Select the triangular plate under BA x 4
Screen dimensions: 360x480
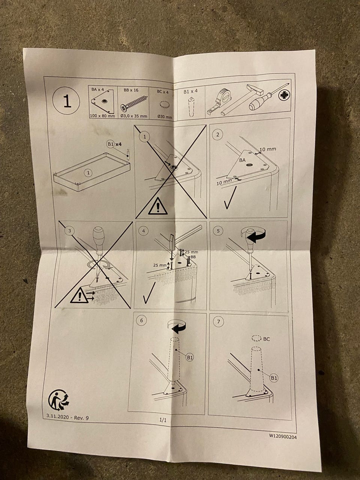coord(102,100)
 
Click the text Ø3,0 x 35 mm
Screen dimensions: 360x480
coord(134,116)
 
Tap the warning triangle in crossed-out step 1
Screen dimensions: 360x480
coord(157,206)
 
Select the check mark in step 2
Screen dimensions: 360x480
coord(230,198)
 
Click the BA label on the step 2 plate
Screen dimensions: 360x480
coord(242,160)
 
